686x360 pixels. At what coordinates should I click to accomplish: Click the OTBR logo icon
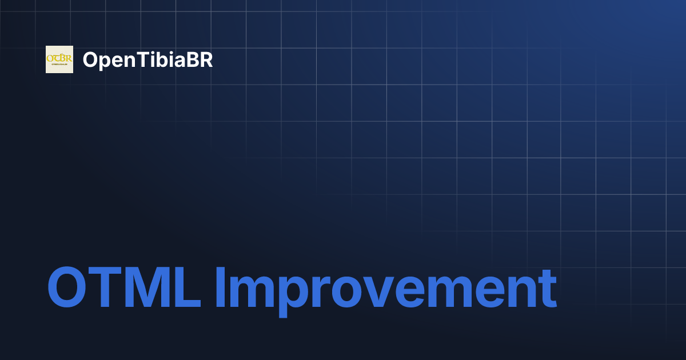tap(59, 59)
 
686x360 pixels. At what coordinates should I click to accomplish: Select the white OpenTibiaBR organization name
tap(147, 60)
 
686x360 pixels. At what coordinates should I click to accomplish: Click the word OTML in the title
tap(123, 287)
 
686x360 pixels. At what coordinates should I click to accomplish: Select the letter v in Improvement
tap(382, 291)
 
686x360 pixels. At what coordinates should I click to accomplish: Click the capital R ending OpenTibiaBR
tap(206, 60)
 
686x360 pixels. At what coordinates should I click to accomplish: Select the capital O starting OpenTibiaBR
tap(90, 60)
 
